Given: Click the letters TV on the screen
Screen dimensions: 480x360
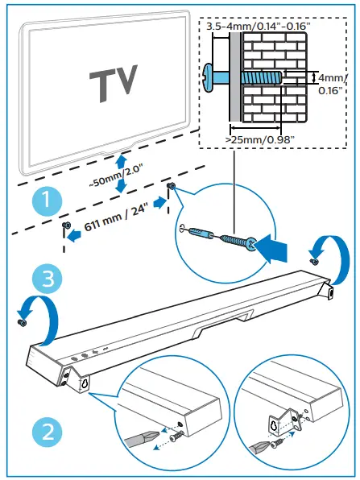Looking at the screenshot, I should pos(112,83).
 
